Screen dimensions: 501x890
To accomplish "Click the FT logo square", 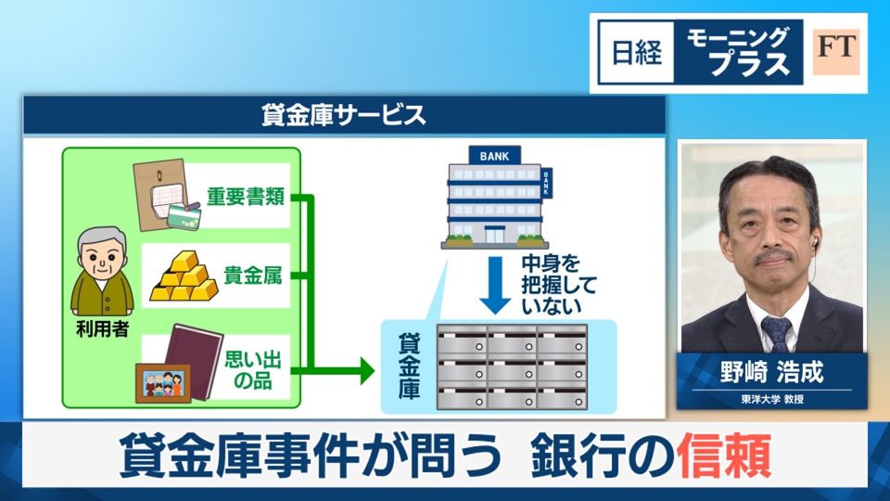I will pos(836,52).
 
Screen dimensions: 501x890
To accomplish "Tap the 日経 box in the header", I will pos(638,53).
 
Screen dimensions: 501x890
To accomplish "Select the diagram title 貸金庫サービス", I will pos(344,115).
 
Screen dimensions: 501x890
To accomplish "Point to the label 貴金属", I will pos(252,276).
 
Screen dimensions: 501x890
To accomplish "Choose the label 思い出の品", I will pos(253,368).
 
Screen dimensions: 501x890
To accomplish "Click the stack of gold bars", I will pos(184,276).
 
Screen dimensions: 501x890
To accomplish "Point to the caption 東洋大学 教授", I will pos(771,400).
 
